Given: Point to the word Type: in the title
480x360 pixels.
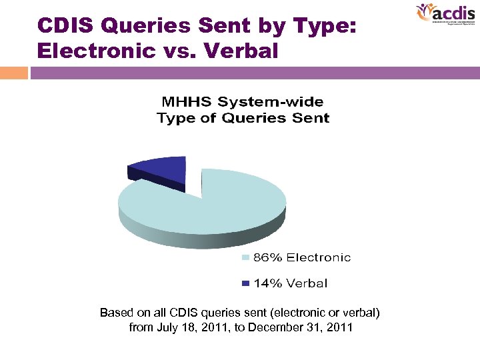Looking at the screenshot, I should (x=322, y=26).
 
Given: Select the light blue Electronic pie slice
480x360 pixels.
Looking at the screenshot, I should (x=213, y=203).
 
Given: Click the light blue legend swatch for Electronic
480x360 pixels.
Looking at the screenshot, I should (x=245, y=257).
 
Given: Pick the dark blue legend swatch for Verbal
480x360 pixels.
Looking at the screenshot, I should (x=245, y=283).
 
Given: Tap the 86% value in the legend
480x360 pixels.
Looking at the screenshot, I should (x=268, y=257).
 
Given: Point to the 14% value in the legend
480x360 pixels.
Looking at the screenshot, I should (x=267, y=283).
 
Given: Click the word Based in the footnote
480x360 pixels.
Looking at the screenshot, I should (x=114, y=312).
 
